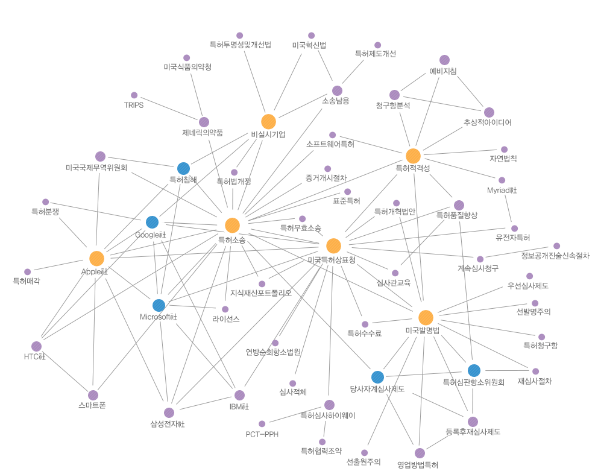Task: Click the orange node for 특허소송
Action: (232, 226)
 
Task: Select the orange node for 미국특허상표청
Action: (333, 245)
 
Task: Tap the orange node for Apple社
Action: (96, 258)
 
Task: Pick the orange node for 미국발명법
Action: (426, 317)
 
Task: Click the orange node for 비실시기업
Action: (268, 121)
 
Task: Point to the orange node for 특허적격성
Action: (413, 156)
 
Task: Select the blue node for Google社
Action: (153, 223)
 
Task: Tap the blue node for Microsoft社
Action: (159, 305)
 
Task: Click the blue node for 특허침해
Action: (184, 168)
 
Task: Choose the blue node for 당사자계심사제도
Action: (377, 377)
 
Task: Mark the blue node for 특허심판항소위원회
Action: (474, 370)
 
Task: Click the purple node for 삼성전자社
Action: (169, 412)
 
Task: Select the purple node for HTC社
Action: (36, 346)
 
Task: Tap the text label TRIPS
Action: (134, 105)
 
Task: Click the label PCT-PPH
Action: (262, 434)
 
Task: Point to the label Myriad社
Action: (502, 190)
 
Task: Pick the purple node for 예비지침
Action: (444, 60)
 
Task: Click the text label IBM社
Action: (239, 406)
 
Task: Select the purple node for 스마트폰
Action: (93, 394)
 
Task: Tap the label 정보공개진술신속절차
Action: (555, 256)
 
